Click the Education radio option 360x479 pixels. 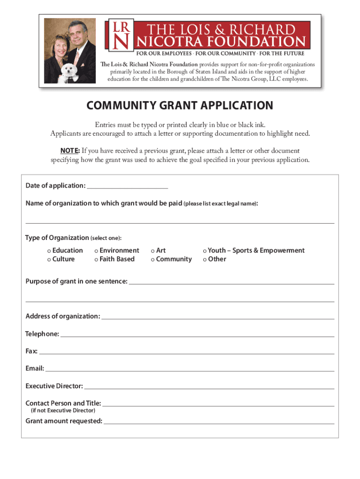point(49,251)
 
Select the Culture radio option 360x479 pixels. point(49,259)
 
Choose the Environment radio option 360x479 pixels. point(96,251)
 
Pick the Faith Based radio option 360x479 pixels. point(96,259)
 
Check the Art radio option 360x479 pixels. point(153,251)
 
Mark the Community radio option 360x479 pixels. point(153,259)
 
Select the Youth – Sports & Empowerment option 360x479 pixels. point(205,251)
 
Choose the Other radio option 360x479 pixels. point(205,259)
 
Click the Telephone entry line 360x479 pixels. point(197,334)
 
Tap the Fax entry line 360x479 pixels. point(187,352)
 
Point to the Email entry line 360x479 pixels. point(189,369)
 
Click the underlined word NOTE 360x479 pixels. point(69,151)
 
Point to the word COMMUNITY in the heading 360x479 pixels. point(118,106)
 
